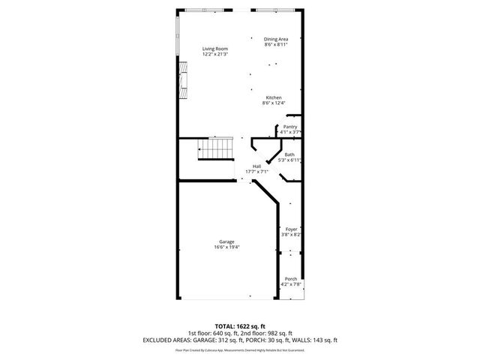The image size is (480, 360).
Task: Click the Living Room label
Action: pos(215,49)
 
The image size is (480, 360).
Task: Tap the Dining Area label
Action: pos(276,39)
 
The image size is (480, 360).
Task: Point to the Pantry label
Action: pos(289,127)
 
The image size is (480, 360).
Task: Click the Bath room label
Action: pos(289,154)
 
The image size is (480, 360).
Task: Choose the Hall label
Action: pos(256,166)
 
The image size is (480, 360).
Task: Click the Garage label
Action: pos(226,241)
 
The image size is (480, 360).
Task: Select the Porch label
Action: pos(290,279)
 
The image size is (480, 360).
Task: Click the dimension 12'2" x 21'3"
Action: pos(215,55)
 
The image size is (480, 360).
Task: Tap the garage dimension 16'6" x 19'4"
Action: pos(226,247)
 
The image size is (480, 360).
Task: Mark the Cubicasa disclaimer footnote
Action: pos(240,349)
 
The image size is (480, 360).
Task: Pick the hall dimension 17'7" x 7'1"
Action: pos(256,171)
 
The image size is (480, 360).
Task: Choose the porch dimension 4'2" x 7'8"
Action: pos(290,284)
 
